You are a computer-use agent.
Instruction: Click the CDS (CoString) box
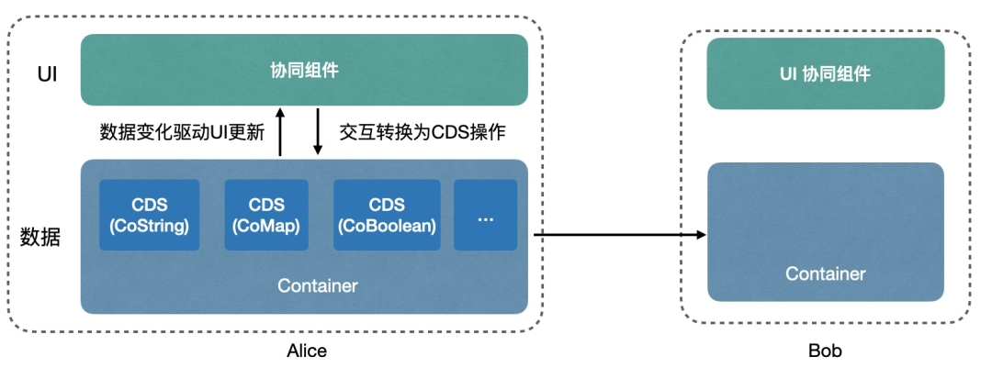coord(150,215)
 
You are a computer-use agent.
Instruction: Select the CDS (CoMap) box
coord(266,215)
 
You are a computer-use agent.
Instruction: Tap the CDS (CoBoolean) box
coord(388,215)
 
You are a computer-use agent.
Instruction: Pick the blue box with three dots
coord(485,215)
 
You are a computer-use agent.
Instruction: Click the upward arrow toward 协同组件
coord(280,131)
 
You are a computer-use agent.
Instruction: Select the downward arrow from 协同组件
coord(318,131)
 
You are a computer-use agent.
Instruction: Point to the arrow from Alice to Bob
coord(620,235)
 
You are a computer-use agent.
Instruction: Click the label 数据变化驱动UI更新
coord(182,132)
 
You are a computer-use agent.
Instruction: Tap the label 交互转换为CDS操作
coord(423,132)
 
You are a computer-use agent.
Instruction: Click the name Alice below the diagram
coord(307,351)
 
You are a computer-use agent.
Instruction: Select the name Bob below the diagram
coord(825,351)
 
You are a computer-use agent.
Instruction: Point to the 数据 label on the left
coord(40,238)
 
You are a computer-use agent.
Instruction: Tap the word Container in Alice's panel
coord(318,285)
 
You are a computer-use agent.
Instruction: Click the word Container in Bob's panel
coord(826,273)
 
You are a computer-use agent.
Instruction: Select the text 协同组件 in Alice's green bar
coord(304,70)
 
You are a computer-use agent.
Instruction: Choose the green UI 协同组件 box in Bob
coord(826,73)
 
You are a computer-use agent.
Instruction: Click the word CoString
coord(150,226)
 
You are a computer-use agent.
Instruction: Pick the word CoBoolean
coord(388,226)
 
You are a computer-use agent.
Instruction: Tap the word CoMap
coord(266,226)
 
